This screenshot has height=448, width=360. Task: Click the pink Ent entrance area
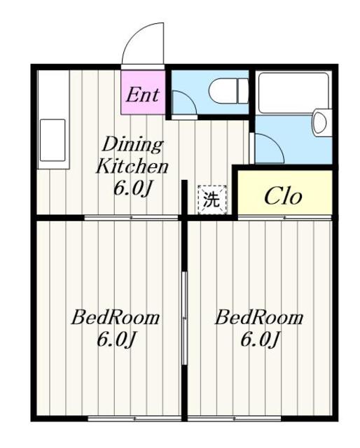tap(143, 92)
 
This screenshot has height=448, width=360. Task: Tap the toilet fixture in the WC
tap(228, 91)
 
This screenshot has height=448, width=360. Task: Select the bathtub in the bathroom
tap(293, 92)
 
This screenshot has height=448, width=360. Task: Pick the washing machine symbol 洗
tap(212, 199)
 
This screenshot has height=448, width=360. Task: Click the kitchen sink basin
tap(53, 140)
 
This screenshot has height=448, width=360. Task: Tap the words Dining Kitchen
tap(132, 155)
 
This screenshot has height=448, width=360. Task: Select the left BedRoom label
tap(116, 317)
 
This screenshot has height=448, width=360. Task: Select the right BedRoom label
tap(259, 317)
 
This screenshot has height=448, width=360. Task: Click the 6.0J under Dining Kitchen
tap(132, 188)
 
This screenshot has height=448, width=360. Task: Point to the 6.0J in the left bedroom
tap(116, 339)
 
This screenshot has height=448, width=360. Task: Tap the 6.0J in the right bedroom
tap(259, 339)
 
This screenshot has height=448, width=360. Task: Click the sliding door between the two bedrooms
tap(185, 318)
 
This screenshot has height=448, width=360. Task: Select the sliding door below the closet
tap(285, 218)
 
